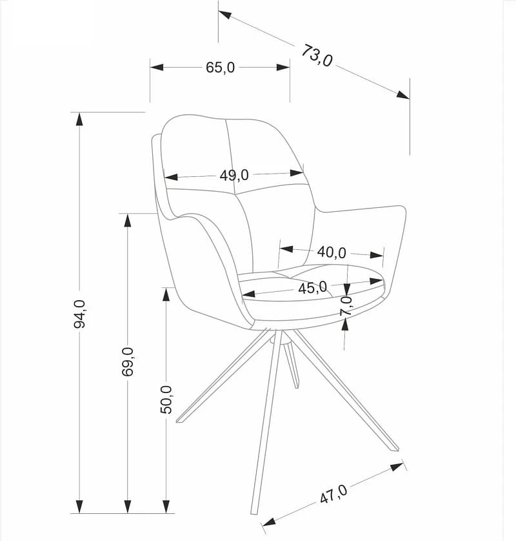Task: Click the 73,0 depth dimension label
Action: coord(317,56)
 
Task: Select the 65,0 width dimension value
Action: coord(220,67)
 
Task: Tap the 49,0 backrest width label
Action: coord(234,175)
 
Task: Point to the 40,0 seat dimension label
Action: coord(332,252)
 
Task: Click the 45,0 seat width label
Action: coord(312,287)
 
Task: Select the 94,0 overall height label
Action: coord(79,314)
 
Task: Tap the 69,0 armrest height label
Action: coord(128,362)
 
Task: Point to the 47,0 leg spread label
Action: coord(334,495)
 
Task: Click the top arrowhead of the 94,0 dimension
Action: coord(79,119)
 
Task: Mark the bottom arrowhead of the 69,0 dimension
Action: coord(128,507)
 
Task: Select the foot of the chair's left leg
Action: coord(179,420)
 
